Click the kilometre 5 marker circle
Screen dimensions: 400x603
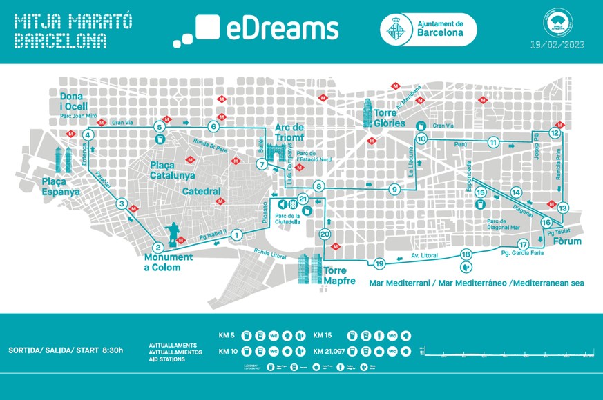coord(160,127)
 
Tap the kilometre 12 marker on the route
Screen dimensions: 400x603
coord(554,132)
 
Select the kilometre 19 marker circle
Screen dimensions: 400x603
coord(379,263)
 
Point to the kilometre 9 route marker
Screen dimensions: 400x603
coord(394,190)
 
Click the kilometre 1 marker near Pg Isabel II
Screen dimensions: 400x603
coord(236,234)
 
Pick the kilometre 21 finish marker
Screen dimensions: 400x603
coord(303,200)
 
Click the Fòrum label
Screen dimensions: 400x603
coord(566,241)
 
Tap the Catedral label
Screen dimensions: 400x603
coord(202,191)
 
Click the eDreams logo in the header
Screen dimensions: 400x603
coord(256,30)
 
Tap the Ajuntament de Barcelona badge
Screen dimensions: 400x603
coord(428,30)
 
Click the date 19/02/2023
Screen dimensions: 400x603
coord(557,45)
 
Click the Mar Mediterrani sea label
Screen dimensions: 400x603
coord(477,283)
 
